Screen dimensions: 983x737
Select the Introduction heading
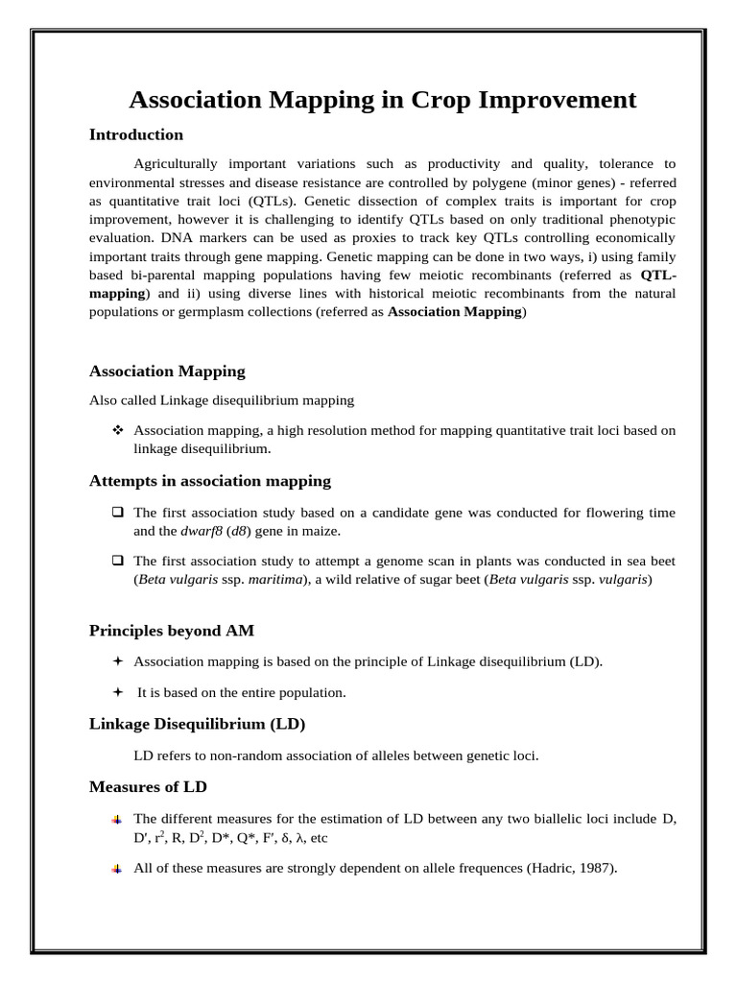[x=136, y=134]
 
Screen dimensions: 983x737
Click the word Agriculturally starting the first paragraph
[x=176, y=163]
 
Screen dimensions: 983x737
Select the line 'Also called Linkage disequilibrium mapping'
[x=222, y=400]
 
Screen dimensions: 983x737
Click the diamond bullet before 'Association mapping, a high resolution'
[x=118, y=430]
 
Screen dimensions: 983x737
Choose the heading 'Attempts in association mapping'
[x=210, y=480]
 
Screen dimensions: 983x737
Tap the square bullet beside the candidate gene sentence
[x=118, y=513]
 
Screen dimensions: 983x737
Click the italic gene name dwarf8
[x=202, y=531]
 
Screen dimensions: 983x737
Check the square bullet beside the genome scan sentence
[x=118, y=560]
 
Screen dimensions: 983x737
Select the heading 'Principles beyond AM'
[x=172, y=631]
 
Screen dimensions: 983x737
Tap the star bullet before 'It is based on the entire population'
[x=118, y=691]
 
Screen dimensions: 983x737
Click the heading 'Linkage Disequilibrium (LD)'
[x=197, y=723]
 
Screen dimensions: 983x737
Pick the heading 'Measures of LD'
[x=148, y=786]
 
